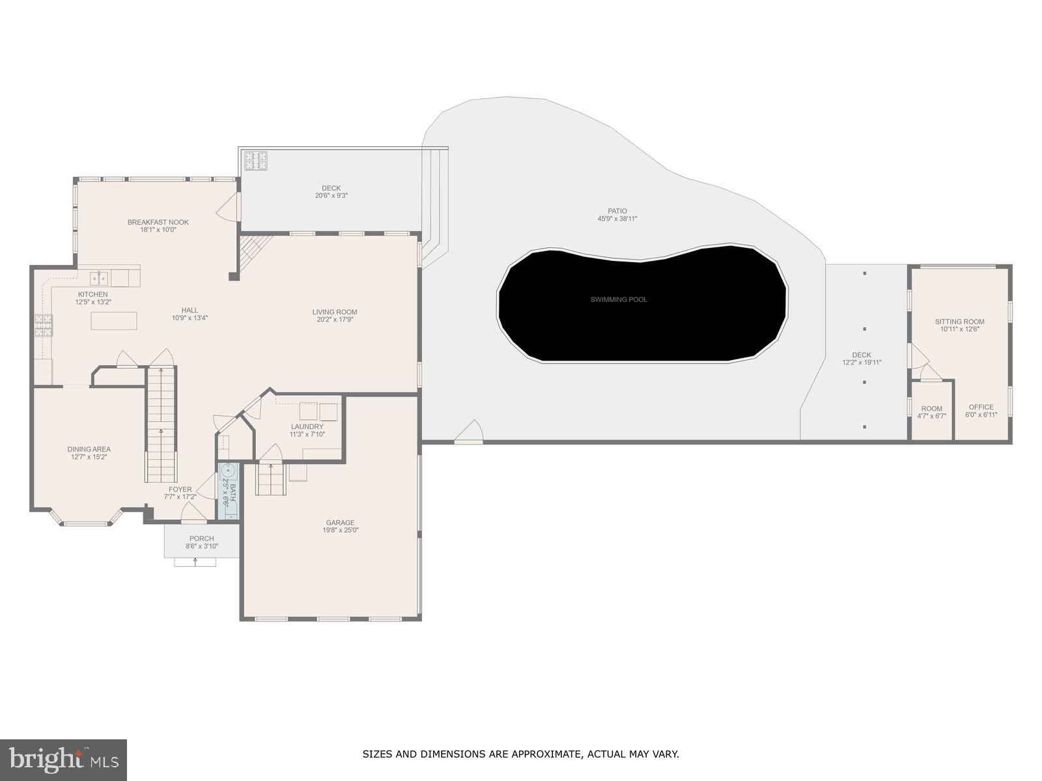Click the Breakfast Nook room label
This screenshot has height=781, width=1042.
pyautogui.click(x=158, y=222)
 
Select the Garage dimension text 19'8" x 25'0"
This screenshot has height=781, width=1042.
pyautogui.click(x=340, y=530)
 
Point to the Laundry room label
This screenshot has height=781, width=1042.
pyautogui.click(x=307, y=427)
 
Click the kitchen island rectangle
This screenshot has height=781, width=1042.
pyautogui.click(x=114, y=321)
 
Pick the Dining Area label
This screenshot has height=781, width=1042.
pyautogui.click(x=89, y=449)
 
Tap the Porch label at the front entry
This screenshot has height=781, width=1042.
pyautogui.click(x=201, y=538)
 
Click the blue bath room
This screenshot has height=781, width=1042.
pyautogui.click(x=229, y=490)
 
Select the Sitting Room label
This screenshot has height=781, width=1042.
pyautogui.click(x=959, y=322)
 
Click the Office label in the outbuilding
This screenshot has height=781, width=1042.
pyautogui.click(x=981, y=407)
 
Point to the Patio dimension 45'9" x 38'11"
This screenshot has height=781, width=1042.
pyautogui.click(x=617, y=219)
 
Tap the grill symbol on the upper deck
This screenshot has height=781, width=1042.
pyautogui.click(x=256, y=160)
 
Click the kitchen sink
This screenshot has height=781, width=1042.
pyautogui.click(x=100, y=279)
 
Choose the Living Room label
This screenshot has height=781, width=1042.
pyautogui.click(x=335, y=312)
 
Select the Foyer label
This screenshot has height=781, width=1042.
pyautogui.click(x=180, y=489)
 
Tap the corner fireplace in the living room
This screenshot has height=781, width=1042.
pyautogui.click(x=253, y=248)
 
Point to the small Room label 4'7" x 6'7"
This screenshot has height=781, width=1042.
pyautogui.click(x=931, y=409)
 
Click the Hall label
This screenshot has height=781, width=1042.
pyautogui.click(x=190, y=310)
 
